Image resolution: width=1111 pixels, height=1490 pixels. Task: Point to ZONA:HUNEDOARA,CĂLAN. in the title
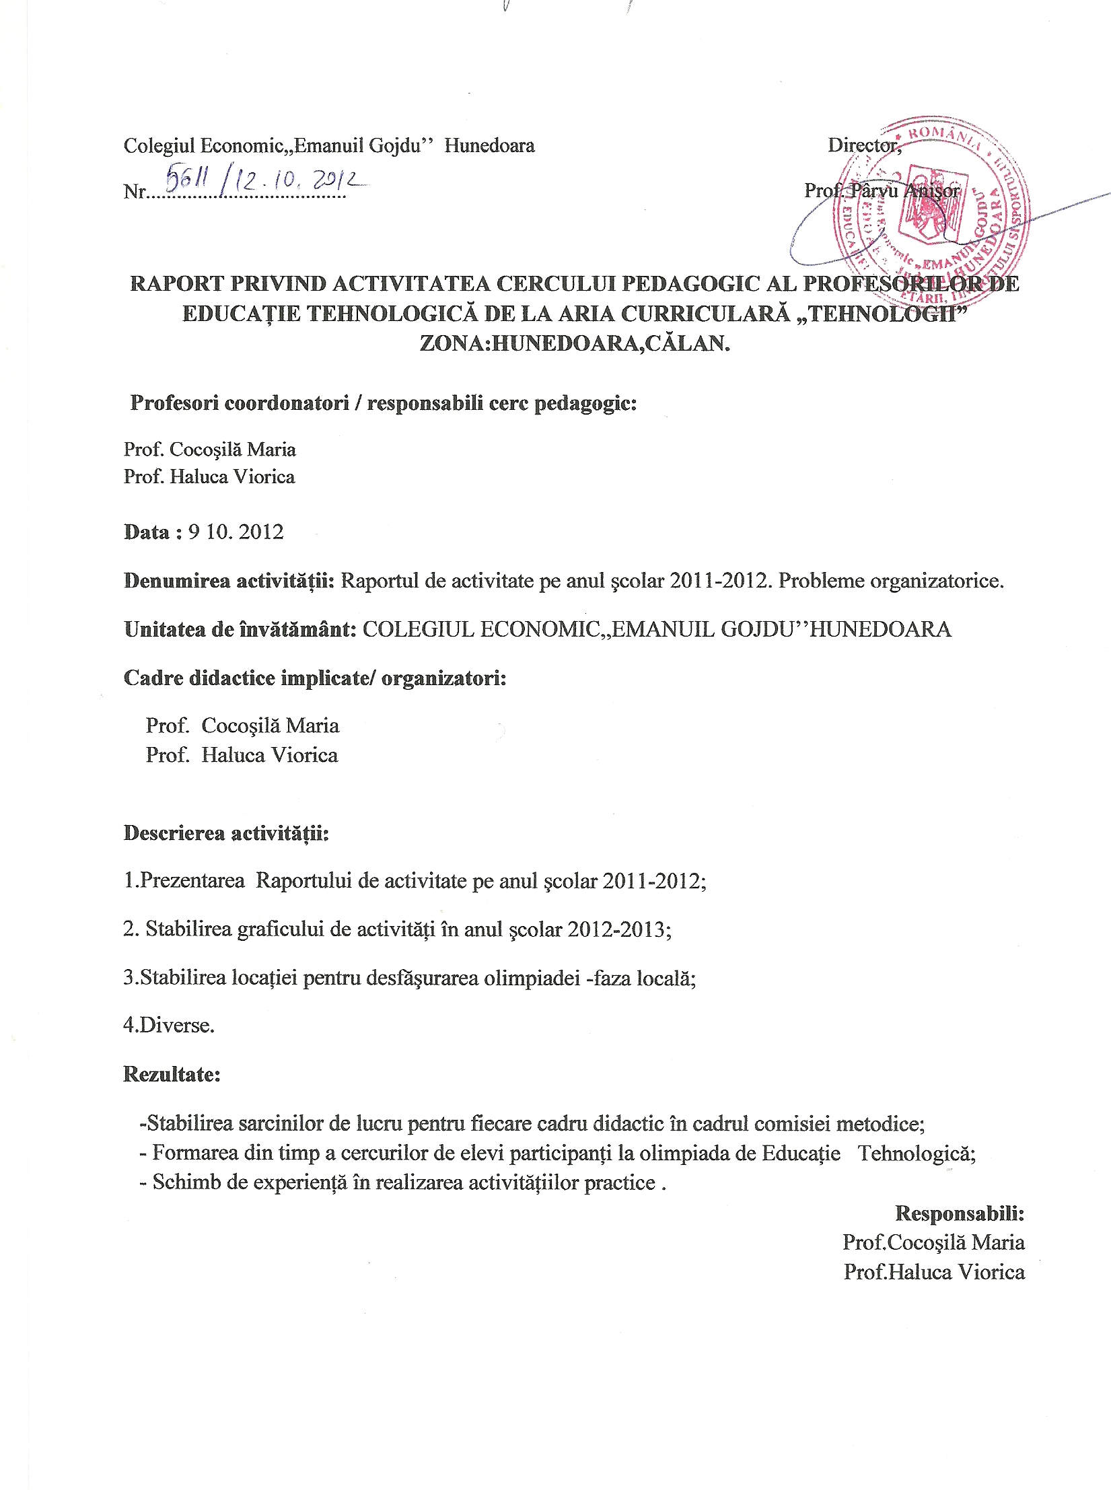click(x=575, y=343)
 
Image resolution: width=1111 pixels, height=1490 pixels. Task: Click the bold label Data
click(x=147, y=532)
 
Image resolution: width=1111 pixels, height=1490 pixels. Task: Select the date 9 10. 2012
click(x=236, y=532)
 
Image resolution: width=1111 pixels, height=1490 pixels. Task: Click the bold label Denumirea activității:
click(x=229, y=581)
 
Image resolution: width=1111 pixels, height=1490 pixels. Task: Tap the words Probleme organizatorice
click(x=890, y=581)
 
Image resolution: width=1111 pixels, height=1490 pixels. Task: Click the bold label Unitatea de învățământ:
click(x=240, y=630)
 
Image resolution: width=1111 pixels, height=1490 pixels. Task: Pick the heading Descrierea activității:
click(x=226, y=833)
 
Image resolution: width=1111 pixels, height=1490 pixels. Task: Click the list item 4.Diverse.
click(x=169, y=1026)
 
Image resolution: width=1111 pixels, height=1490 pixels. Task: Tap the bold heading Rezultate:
click(x=172, y=1074)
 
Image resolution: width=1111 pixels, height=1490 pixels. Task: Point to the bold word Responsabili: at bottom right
click(x=960, y=1213)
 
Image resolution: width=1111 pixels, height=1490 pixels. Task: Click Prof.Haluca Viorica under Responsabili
click(x=934, y=1272)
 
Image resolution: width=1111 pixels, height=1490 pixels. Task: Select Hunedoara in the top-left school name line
click(x=489, y=146)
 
